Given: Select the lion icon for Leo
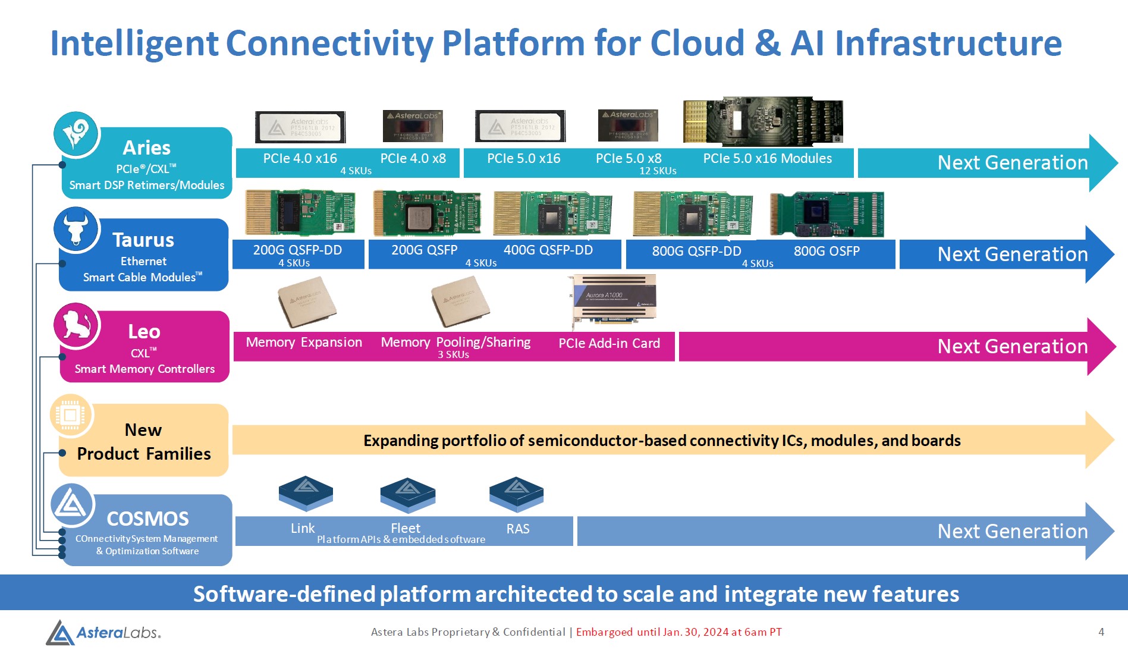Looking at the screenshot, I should pos(77,325).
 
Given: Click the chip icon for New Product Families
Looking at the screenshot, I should pos(71,415).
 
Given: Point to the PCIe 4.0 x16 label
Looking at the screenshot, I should pos(300,159).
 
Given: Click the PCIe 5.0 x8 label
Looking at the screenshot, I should pos(629,159).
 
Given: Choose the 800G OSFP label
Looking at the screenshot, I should pos(827,251).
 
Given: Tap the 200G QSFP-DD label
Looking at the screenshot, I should pos(297,250).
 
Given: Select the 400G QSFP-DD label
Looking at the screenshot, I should pos(548,250).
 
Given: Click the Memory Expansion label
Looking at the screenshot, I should pos(304,343).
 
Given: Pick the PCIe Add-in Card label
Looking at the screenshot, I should pos(609,343).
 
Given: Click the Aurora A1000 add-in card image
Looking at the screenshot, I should pos(614,300).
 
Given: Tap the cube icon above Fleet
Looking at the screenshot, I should pos(407,494).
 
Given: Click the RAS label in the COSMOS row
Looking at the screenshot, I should pos(517,529).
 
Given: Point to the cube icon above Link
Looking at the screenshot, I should pos(306,493).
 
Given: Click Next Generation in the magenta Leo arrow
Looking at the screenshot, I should pos(1012,346).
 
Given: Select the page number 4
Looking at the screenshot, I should pos(1101,632).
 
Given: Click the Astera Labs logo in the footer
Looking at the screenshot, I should pos(103,632).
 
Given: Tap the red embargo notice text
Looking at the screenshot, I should pos(678,632).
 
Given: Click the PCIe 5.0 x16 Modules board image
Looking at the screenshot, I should pos(763,121).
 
